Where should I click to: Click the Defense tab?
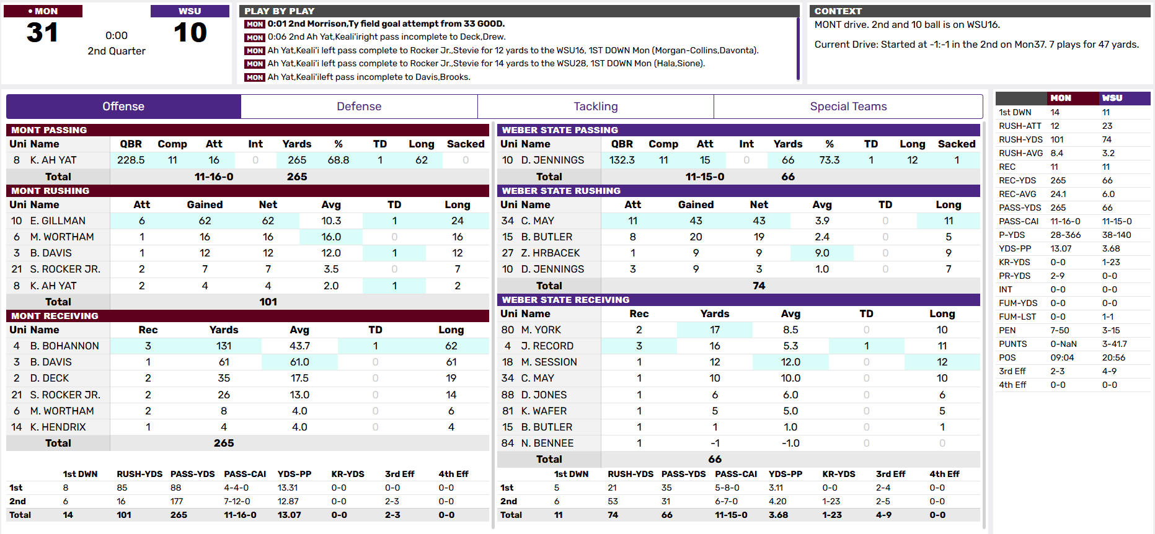coord(359,107)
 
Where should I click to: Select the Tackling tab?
coord(595,107)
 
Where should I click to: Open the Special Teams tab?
coord(847,107)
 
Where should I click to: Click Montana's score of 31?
coord(43,33)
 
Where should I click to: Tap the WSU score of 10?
coord(190,33)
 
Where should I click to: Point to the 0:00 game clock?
coord(117,36)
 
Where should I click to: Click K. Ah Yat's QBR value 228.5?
coord(131,160)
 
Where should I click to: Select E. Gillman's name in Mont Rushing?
coord(58,221)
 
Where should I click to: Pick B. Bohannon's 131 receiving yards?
coord(224,346)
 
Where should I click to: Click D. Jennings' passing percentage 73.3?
coord(829,160)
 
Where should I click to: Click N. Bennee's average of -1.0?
coord(790,443)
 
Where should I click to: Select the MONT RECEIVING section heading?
coord(55,316)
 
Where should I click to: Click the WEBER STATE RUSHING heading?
coord(560,191)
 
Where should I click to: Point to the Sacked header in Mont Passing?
coord(465,144)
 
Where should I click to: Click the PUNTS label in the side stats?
coord(1012,344)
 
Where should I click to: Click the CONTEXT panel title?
coord(838,11)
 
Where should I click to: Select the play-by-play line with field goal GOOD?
coord(386,24)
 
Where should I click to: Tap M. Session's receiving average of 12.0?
coord(790,362)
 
